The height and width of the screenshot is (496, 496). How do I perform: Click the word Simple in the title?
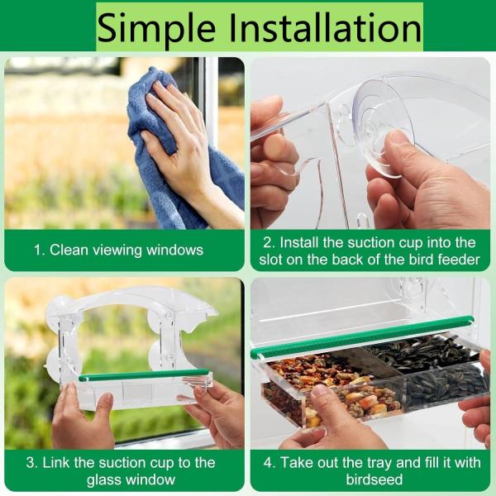(157, 28)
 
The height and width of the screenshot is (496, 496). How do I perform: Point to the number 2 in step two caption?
(268, 243)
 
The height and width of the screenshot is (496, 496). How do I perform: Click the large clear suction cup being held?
(383, 126)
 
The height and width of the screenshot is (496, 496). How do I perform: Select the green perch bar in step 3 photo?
(144, 374)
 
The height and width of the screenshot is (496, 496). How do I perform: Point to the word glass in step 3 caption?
(103, 479)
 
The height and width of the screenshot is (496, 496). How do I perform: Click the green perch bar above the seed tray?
(362, 337)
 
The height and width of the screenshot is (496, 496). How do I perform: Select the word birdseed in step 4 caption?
(374, 479)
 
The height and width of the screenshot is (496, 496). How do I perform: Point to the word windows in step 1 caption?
(174, 250)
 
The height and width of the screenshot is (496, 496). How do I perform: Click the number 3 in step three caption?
(31, 463)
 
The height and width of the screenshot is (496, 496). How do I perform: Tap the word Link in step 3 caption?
(56, 463)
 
